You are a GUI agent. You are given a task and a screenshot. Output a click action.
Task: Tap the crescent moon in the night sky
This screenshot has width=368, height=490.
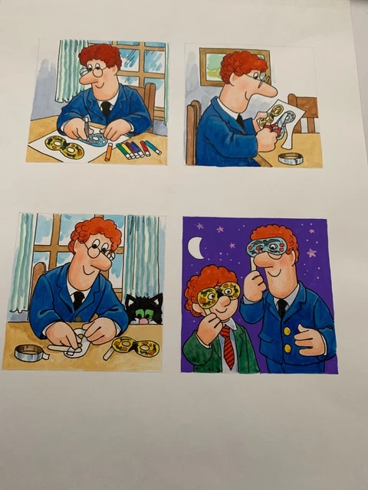(196, 247)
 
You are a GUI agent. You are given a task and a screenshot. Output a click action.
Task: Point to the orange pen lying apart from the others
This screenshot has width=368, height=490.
(108, 152)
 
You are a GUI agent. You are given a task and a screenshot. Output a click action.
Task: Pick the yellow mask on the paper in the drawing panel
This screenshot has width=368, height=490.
(64, 146)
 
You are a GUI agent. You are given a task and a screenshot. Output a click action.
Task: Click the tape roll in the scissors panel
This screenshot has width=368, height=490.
(290, 158)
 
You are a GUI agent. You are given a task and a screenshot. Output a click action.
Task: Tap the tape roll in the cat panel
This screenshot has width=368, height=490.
(28, 352)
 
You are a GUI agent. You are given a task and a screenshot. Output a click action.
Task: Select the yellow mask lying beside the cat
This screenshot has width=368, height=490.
(135, 348)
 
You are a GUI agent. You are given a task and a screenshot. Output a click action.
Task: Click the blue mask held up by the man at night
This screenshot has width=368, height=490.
(268, 247)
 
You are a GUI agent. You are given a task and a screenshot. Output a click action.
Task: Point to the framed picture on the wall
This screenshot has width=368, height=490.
(213, 64)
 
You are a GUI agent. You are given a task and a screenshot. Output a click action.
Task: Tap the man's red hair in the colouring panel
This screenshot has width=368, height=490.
(100, 54)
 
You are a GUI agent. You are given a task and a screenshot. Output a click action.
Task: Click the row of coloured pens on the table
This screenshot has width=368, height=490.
(139, 147)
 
